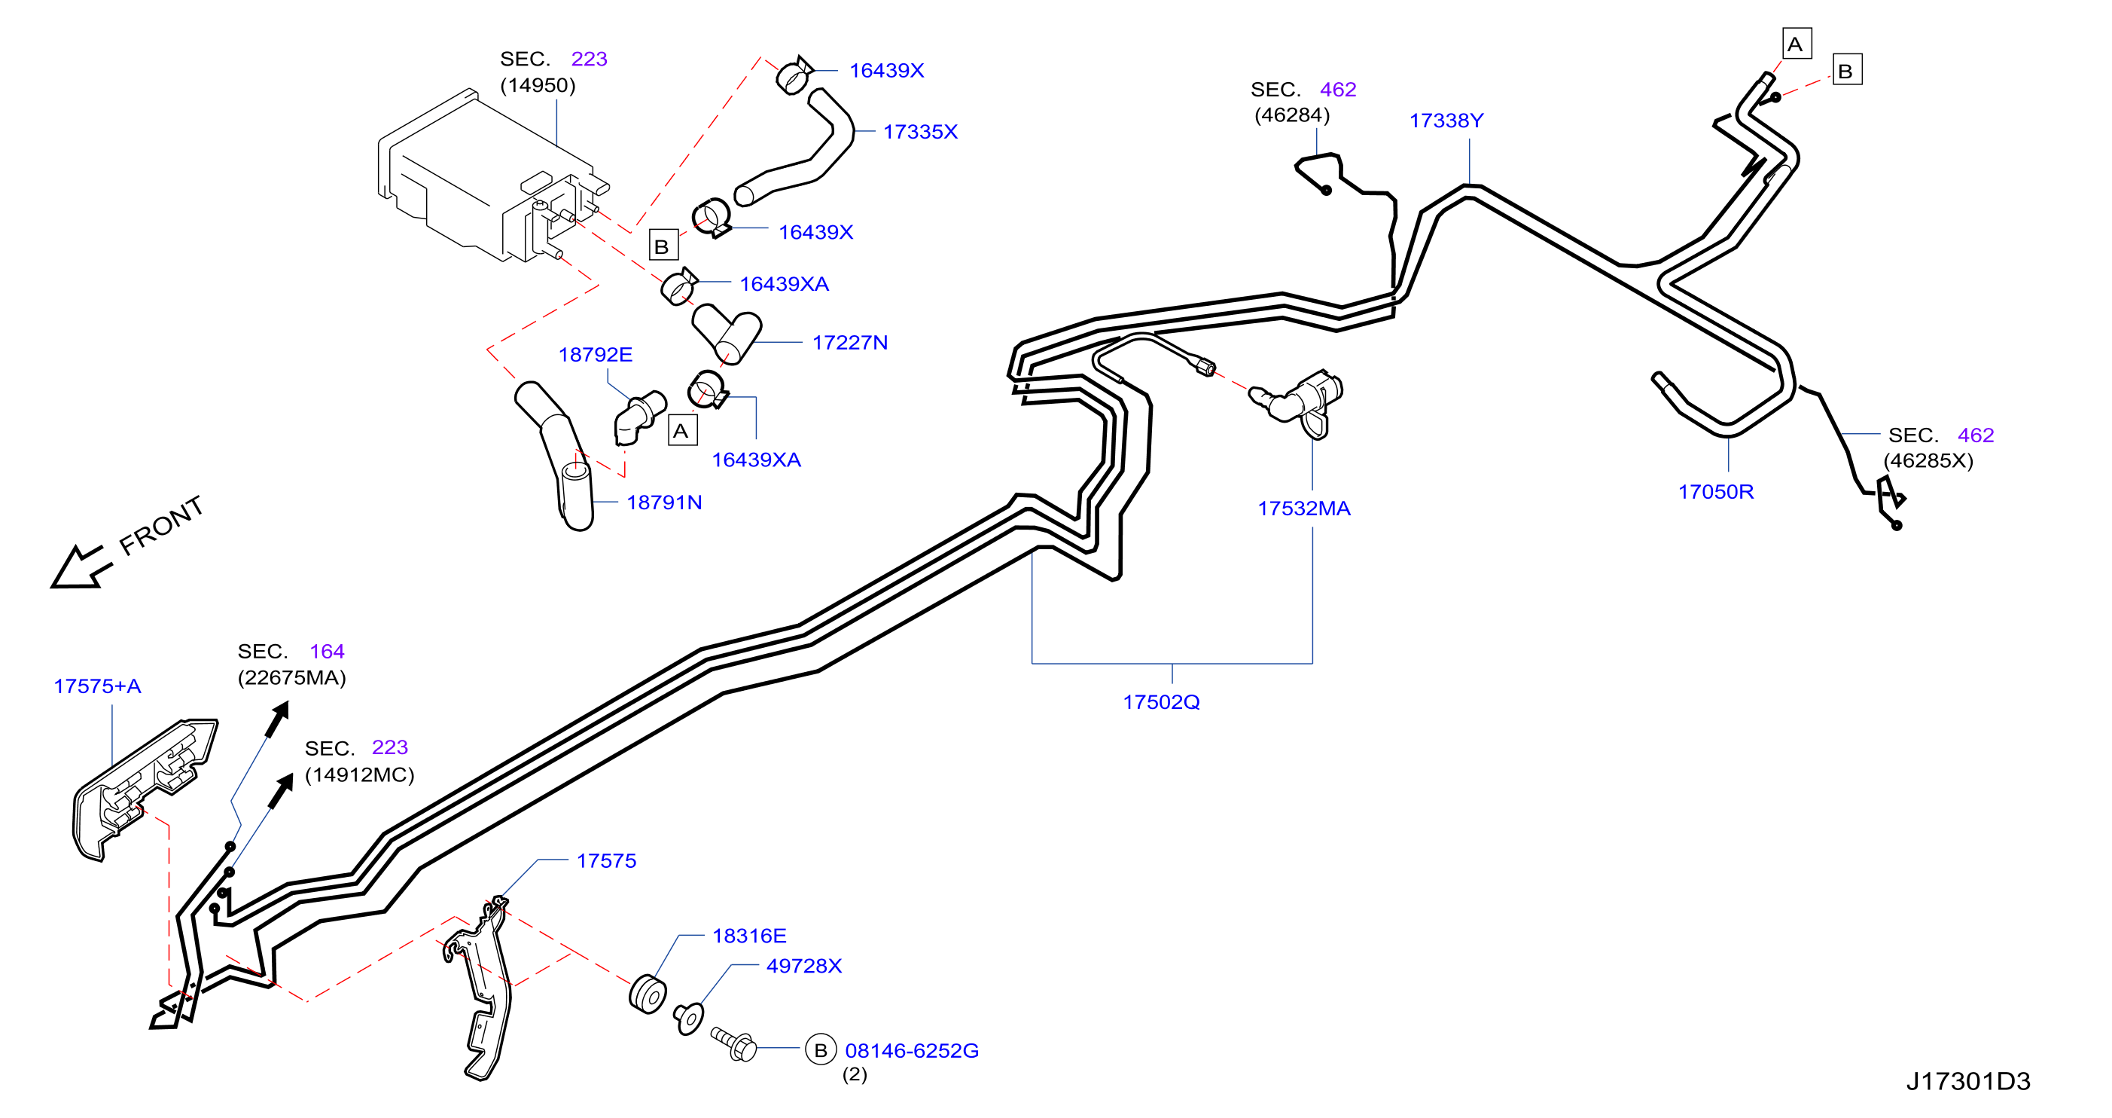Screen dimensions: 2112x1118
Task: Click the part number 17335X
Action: [920, 131]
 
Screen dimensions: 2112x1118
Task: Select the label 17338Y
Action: [1446, 121]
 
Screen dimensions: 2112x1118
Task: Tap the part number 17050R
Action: [1716, 491]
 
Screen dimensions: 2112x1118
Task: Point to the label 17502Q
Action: [1161, 701]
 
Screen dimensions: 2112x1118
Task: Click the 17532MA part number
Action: [1304, 508]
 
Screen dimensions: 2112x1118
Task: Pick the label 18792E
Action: [596, 354]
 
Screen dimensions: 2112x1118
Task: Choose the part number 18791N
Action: [664, 502]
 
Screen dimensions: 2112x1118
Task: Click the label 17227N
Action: [850, 342]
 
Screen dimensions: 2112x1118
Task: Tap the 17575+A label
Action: [98, 686]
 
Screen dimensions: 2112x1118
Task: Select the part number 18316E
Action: [749, 935]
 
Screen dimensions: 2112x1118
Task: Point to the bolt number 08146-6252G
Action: [912, 1050]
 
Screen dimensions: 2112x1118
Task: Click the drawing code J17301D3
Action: [1968, 1081]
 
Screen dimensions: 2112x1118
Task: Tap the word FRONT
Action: [162, 525]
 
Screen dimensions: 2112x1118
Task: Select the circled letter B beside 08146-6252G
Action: [821, 1050]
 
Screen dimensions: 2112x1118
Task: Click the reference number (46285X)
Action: [1928, 460]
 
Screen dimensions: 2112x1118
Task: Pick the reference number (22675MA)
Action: [292, 677]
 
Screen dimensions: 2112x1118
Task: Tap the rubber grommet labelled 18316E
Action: [648, 994]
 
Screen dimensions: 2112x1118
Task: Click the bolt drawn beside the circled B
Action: [734, 1043]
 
